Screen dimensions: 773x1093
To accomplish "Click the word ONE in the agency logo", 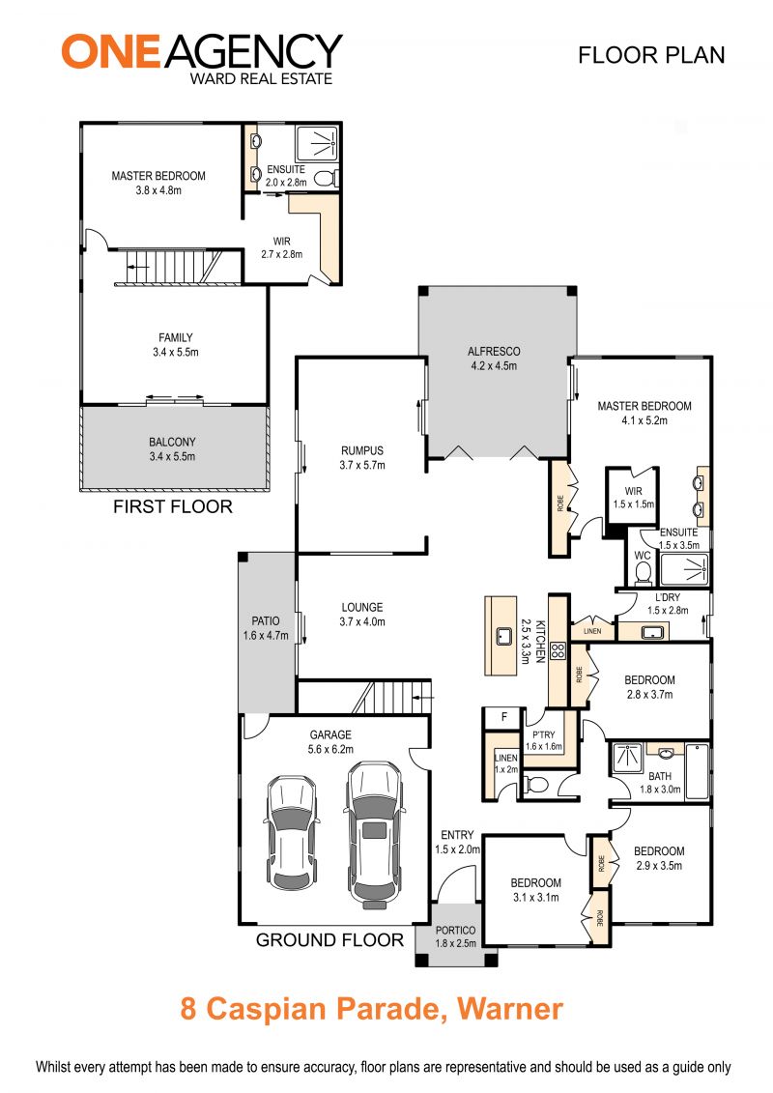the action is tap(111, 51).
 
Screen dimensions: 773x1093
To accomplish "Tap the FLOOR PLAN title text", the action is tap(651, 55).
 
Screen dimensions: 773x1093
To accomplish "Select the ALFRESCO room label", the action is tap(494, 352).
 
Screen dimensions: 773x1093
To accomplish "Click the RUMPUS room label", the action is tap(361, 450).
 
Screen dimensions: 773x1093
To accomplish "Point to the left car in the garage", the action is tap(292, 832).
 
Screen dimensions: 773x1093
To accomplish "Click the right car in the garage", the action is tap(375, 834).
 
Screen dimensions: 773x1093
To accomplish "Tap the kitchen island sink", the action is tap(501, 635).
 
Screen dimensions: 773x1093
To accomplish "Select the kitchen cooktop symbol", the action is tap(557, 651).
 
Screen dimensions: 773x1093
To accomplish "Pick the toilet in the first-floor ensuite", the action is tap(324, 179).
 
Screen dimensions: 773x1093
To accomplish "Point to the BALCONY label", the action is tap(172, 442).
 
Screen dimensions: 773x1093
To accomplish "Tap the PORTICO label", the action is tap(455, 930).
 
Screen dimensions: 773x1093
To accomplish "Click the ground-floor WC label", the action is tap(642, 556).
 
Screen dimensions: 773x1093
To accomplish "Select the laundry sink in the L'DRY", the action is tap(653, 632).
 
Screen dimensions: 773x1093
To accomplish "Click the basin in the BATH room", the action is tap(665, 752).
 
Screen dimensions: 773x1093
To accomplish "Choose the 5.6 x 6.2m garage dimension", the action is tap(330, 749).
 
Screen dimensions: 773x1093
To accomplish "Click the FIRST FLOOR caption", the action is tap(173, 506).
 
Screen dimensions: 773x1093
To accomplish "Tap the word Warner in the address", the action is tap(509, 1009).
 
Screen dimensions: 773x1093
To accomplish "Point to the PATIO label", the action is tap(266, 620).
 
